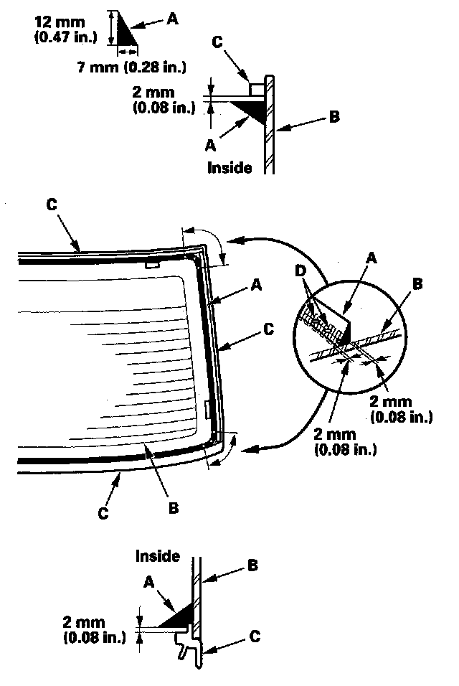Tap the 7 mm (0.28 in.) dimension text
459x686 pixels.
point(131,67)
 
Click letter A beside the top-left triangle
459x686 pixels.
point(172,19)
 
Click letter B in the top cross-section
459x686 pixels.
point(334,117)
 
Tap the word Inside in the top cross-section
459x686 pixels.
point(229,168)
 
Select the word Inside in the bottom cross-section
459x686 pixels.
point(157,556)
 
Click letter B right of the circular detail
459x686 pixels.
point(418,283)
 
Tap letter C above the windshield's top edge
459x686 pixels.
point(51,203)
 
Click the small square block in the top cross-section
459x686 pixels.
point(255,88)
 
